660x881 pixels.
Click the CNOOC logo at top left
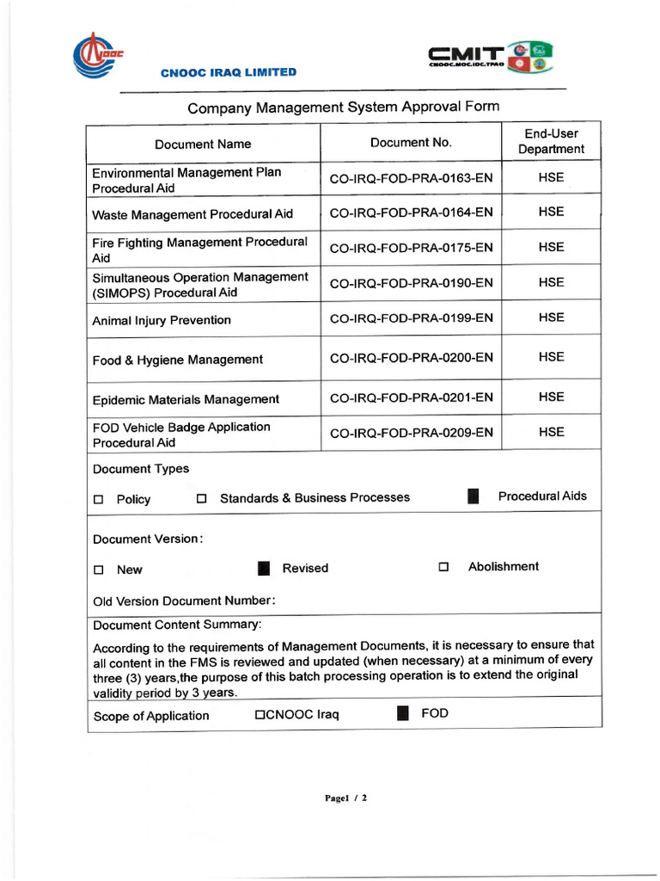pyautogui.click(x=97, y=54)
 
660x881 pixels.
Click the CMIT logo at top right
pyautogui.click(x=491, y=58)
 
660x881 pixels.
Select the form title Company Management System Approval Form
pyautogui.click(x=343, y=108)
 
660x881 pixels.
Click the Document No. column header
pyautogui.click(x=410, y=143)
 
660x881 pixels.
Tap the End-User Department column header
pyautogui.click(x=551, y=141)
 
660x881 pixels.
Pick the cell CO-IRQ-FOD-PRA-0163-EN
pyautogui.click(x=411, y=179)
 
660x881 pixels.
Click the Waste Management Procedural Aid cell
pyautogui.click(x=192, y=214)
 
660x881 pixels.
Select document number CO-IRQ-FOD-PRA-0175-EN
pyautogui.click(x=411, y=248)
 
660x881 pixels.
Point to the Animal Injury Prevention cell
pyautogui.click(x=162, y=320)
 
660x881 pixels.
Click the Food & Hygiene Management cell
pyautogui.click(x=177, y=360)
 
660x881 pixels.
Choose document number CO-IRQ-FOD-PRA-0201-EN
pyautogui.click(x=411, y=397)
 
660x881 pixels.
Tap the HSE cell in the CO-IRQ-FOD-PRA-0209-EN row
pyautogui.click(x=551, y=432)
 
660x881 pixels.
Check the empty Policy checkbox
pyautogui.click(x=98, y=500)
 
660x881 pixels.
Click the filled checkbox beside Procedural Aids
pyautogui.click(x=473, y=496)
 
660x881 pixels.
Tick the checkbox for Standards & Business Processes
pyautogui.click(x=202, y=499)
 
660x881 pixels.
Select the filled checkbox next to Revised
pyautogui.click(x=264, y=568)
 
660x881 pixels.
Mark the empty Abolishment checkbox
pyautogui.click(x=443, y=567)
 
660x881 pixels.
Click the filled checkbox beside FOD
pyautogui.click(x=402, y=713)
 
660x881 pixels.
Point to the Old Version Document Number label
pyautogui.click(x=183, y=601)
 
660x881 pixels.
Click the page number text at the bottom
pyautogui.click(x=345, y=798)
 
